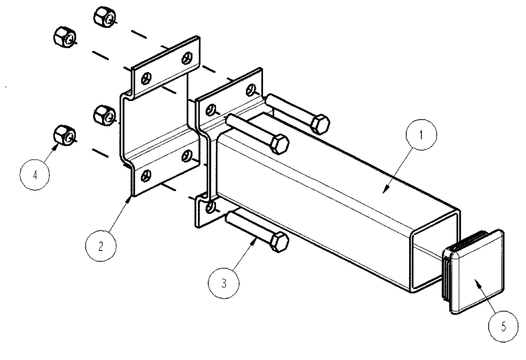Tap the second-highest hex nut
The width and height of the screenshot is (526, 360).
(65, 37)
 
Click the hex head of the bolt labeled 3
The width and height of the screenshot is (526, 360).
(279, 243)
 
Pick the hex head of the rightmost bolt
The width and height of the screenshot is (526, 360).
(320, 125)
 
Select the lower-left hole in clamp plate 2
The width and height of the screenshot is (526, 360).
(148, 174)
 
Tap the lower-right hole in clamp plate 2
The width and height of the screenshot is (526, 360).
(186, 155)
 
